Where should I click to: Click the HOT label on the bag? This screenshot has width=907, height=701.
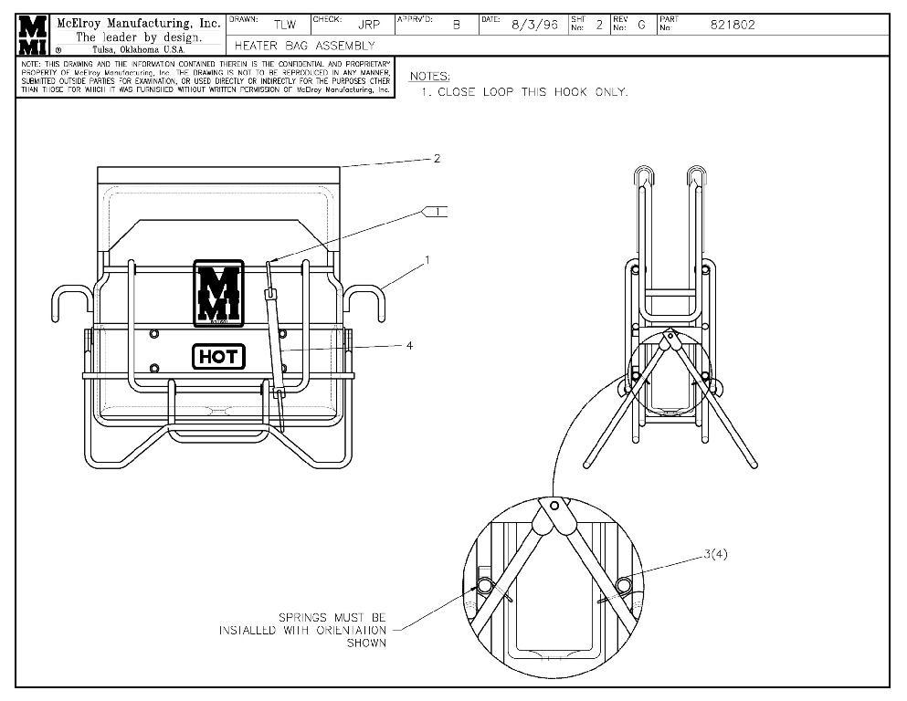pos(219,357)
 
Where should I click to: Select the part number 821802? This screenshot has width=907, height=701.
pos(733,26)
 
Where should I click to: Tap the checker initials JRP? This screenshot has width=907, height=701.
pos(369,26)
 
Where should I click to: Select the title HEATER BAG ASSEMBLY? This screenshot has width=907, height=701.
pos(305,46)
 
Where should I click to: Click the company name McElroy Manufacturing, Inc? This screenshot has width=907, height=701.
pos(138,23)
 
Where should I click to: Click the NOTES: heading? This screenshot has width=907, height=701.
pos(429,76)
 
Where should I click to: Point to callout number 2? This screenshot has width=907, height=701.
pos(437,158)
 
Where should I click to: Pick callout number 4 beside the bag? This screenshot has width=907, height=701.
pos(409,346)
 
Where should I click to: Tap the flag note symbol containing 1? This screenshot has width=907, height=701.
pos(437,212)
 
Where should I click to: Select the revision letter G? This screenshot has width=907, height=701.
pos(641,26)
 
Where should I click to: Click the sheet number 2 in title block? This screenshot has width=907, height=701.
pos(599,26)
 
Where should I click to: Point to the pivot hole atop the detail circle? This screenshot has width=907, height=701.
pos(554,505)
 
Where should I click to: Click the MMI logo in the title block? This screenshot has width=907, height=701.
pos(33,35)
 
